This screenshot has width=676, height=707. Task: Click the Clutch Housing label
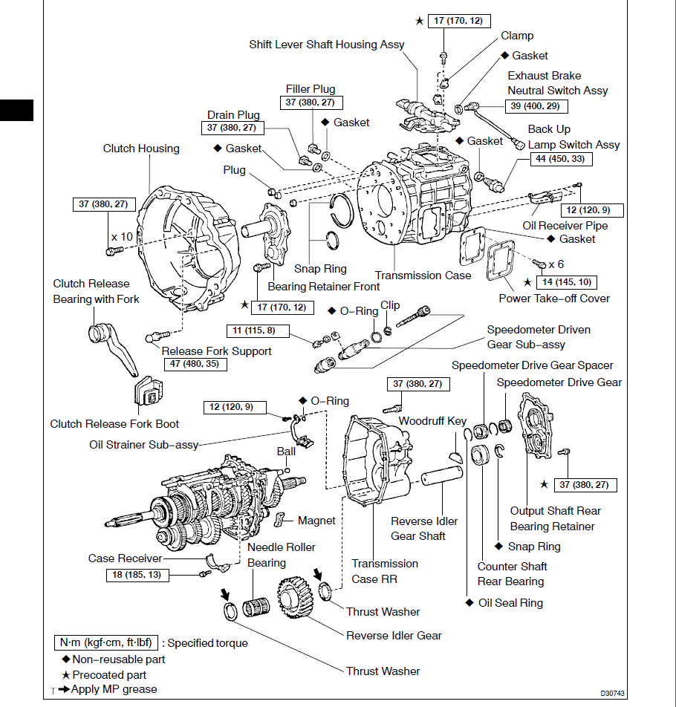point(141,149)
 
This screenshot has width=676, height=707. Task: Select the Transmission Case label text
point(423,276)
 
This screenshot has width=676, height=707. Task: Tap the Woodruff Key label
point(432,421)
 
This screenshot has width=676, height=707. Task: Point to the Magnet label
point(316,521)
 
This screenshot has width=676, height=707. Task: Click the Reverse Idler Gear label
point(394,636)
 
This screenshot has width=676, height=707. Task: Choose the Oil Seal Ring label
point(510,603)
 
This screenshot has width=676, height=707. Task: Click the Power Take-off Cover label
point(554,299)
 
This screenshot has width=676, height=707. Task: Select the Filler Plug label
point(311,89)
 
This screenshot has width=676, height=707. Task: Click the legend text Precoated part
point(109,675)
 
